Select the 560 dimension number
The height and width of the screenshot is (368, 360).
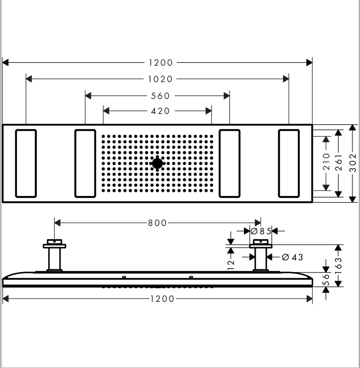(x=160, y=95)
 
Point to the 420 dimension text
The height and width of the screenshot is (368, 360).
(x=160, y=111)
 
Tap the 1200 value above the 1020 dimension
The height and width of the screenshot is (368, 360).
(x=160, y=62)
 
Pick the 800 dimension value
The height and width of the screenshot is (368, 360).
(x=158, y=223)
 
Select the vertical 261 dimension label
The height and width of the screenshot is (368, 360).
(x=338, y=163)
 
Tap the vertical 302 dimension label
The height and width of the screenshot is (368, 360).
(x=353, y=163)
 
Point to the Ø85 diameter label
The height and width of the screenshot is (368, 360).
(x=260, y=231)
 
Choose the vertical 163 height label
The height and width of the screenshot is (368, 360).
(x=338, y=265)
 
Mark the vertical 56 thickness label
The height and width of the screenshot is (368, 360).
(x=326, y=280)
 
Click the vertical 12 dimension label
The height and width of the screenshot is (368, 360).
(x=231, y=264)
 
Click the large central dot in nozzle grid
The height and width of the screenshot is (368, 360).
(x=158, y=163)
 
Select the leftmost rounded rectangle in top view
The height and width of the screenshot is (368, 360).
(x=25, y=163)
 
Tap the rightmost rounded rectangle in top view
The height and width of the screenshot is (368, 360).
(x=288, y=163)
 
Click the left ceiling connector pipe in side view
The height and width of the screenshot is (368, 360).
(x=55, y=259)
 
